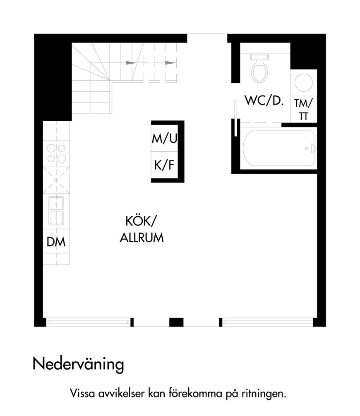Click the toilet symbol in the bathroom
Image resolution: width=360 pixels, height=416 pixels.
click(x=259, y=68)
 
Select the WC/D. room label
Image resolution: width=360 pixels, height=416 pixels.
click(x=264, y=101)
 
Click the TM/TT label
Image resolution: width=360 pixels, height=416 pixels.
click(x=304, y=110)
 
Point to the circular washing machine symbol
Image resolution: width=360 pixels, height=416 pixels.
click(x=304, y=83)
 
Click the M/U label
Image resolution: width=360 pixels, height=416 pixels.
click(x=164, y=139)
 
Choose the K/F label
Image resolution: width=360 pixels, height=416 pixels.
click(x=164, y=165)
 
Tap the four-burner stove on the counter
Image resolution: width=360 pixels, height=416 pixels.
click(x=56, y=153)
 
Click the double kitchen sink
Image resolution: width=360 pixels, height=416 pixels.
click(x=56, y=210)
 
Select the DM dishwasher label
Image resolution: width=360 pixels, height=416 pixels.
click(x=56, y=242)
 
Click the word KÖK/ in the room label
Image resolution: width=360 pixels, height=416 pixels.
click(x=142, y=221)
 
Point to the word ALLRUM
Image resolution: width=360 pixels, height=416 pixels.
click(x=142, y=238)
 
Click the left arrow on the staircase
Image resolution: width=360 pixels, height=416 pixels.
click(x=131, y=63)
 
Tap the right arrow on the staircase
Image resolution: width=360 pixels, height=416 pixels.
click(x=170, y=63)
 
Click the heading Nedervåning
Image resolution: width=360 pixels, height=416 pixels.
click(x=78, y=364)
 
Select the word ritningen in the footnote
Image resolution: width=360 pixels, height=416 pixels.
click(x=264, y=393)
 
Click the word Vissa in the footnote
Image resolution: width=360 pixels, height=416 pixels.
click(x=82, y=393)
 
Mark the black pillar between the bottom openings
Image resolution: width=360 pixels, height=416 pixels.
click(x=176, y=322)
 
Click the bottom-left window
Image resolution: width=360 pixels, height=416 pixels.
click(x=89, y=322)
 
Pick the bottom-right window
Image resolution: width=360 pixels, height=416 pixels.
click(x=268, y=322)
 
